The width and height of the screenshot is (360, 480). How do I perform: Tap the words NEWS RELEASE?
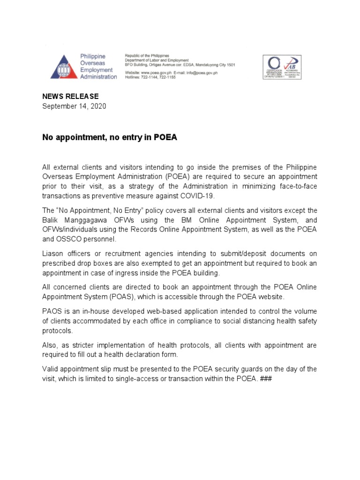(70, 96)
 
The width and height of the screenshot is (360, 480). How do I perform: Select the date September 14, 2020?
(74, 106)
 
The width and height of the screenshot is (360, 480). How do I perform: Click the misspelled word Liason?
(53, 254)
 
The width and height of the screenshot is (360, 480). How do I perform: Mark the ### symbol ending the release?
(265, 379)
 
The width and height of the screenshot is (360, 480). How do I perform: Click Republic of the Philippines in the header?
(147, 56)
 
